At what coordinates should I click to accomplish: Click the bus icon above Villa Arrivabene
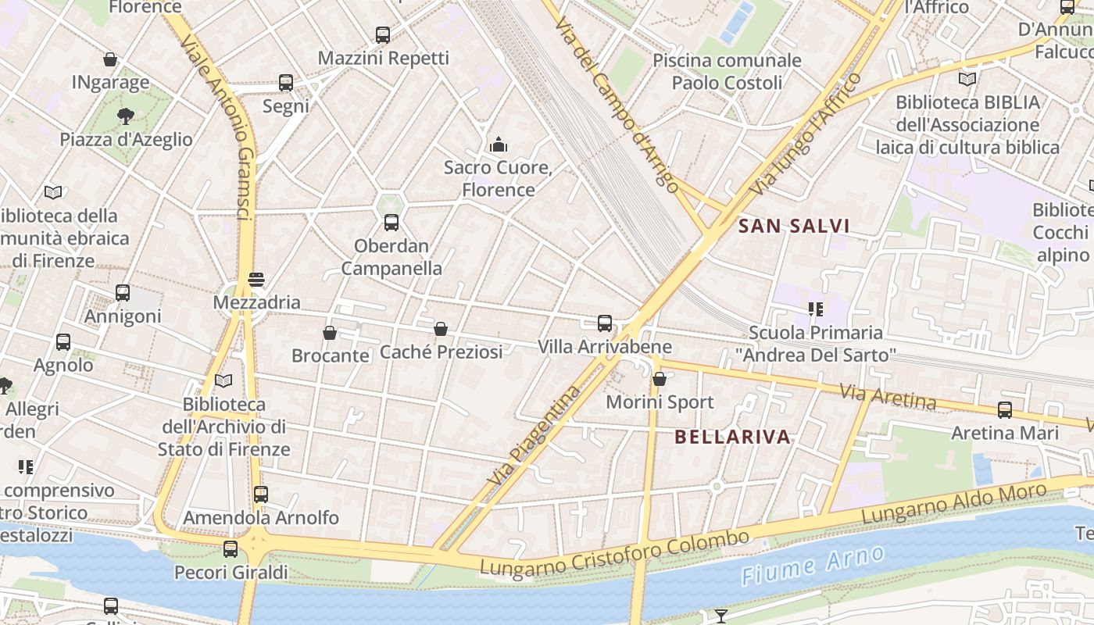point(605,323)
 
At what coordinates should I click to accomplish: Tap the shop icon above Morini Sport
point(660,379)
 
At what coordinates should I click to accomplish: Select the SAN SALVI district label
point(794,227)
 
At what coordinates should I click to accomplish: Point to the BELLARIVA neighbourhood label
point(733,437)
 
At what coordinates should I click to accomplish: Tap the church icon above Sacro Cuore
point(498,145)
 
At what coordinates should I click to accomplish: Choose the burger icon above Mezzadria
point(256,279)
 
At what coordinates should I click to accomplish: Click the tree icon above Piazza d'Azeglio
point(125,116)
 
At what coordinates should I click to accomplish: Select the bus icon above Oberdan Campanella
point(391,223)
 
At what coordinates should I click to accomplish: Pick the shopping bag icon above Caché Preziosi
point(441,329)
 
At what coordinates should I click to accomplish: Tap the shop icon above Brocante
point(330,333)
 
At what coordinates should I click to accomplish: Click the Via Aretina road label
point(888,397)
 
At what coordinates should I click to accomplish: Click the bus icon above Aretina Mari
point(1005,409)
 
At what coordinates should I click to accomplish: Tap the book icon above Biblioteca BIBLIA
point(967,79)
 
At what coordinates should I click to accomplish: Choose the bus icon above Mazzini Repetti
point(383,34)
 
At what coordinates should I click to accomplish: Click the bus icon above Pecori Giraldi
point(231,549)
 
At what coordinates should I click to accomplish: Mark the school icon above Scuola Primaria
point(816,309)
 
